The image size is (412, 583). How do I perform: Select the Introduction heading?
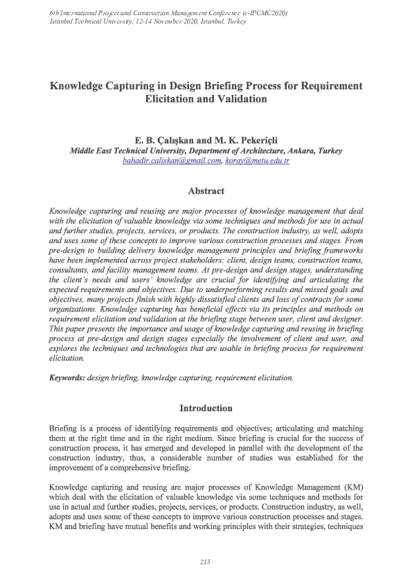[x=206, y=408]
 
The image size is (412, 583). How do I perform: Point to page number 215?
[x=205, y=561]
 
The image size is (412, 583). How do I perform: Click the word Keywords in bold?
[x=67, y=377]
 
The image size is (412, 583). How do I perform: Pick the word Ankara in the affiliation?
[x=298, y=150]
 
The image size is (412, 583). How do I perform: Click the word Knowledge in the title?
[x=79, y=86]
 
